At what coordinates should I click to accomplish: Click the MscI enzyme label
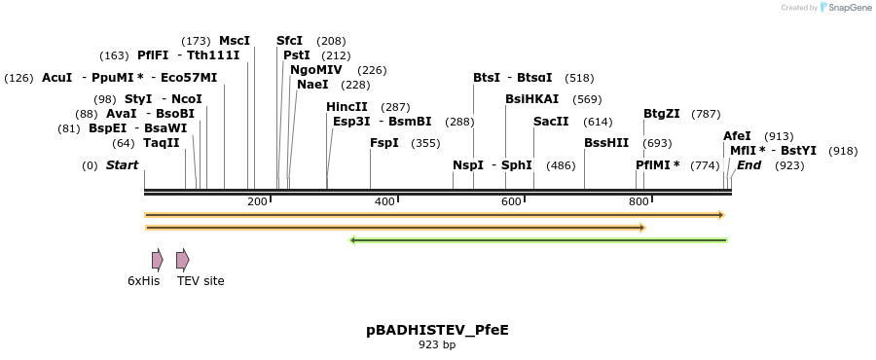point(235,41)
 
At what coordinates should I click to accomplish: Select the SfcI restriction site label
point(290,41)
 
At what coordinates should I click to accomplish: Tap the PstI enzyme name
point(296,55)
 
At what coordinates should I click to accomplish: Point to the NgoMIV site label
point(316,70)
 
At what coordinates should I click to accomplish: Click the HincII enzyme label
point(347,107)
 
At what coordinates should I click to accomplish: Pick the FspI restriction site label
point(384,143)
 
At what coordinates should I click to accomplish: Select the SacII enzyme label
point(551,122)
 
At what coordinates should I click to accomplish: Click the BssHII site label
point(606,143)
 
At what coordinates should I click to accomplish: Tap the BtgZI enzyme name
point(662,114)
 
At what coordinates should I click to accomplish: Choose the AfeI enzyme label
point(737,136)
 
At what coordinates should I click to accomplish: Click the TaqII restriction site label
point(162,143)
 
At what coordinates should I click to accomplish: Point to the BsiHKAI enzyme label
point(532,99)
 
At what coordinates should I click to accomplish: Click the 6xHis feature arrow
point(157,260)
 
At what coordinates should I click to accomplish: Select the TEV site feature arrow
point(182,260)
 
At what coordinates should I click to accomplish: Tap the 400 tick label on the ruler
point(384,201)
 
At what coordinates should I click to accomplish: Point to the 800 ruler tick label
point(639,201)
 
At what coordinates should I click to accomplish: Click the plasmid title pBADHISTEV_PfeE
point(437,330)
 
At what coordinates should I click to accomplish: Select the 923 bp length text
point(437,345)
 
